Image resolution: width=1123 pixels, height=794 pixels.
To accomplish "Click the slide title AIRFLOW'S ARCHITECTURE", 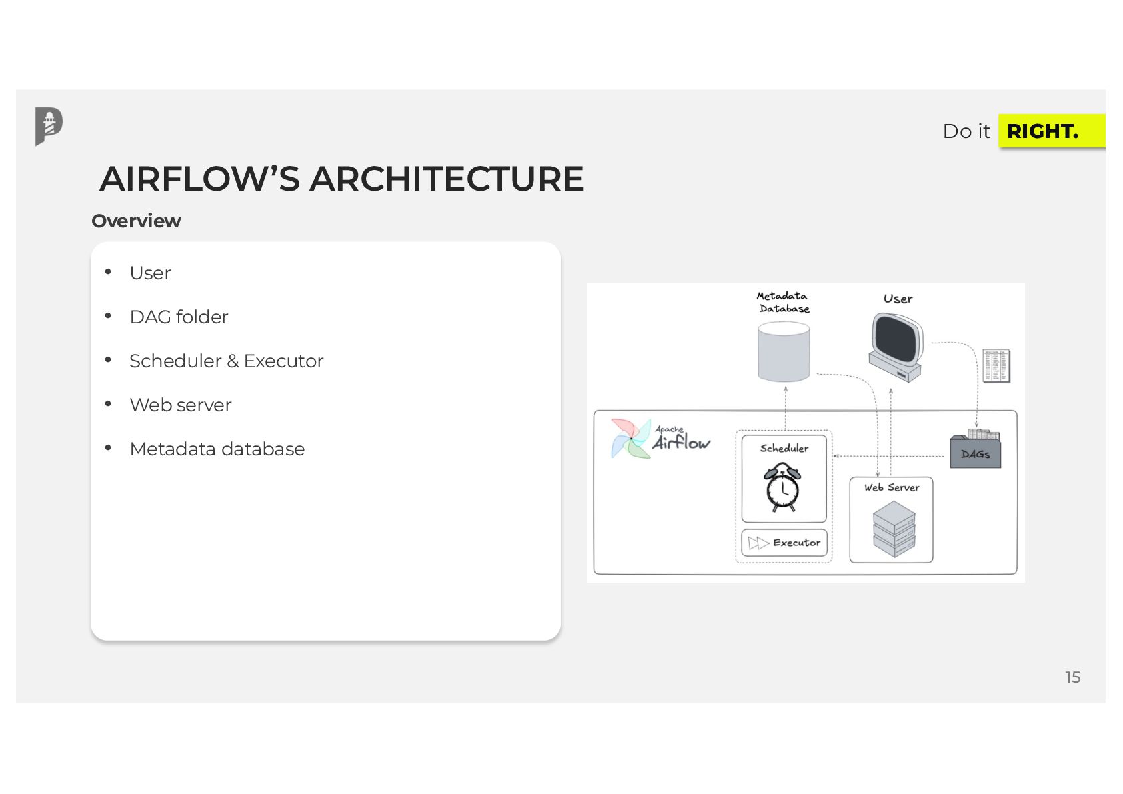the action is click(x=341, y=179).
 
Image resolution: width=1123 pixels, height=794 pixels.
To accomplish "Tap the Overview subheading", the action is click(x=136, y=221).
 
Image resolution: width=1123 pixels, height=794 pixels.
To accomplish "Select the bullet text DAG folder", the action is click(x=179, y=317).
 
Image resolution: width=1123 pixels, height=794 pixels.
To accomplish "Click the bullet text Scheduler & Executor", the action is click(x=226, y=361).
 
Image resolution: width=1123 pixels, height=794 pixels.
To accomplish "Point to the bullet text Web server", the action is click(x=180, y=405).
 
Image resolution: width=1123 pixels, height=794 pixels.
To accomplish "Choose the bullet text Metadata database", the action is click(x=217, y=449).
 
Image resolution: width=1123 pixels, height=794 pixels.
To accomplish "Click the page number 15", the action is click(x=1072, y=677).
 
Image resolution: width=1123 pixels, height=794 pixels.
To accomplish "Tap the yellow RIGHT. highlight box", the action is click(x=1050, y=131).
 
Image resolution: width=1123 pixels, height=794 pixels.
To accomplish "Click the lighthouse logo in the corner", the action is click(x=49, y=125).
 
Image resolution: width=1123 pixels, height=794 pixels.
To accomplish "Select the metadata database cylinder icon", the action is click(x=784, y=351).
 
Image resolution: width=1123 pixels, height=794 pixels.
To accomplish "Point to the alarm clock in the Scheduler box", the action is click(x=782, y=487).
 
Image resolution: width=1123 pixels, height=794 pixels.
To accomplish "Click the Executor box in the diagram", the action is click(x=784, y=543).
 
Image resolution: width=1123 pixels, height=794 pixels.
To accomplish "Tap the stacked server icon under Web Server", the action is click(x=894, y=529).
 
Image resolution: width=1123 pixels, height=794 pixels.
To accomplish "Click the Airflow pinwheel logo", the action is click(x=630, y=438).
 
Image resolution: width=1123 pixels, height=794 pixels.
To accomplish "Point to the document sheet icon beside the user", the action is click(x=996, y=365).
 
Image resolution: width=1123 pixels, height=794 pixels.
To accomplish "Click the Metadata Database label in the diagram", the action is click(x=783, y=302).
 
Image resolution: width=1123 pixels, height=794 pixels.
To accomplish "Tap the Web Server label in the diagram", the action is click(x=892, y=487).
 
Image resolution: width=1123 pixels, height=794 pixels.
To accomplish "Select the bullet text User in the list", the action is click(x=150, y=273).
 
